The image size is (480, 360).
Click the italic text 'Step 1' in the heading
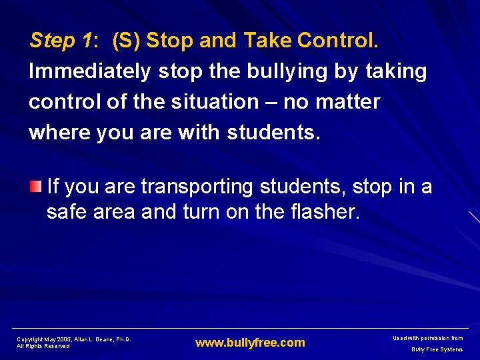click(61, 41)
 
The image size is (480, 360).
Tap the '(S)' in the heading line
click(126, 41)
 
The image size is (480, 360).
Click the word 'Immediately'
click(91, 72)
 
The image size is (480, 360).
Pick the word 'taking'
click(395, 72)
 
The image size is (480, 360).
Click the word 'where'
click(60, 132)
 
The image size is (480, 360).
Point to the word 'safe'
click(68, 213)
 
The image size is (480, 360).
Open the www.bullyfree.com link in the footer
click(250, 343)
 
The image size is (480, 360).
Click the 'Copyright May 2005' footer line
click(74, 339)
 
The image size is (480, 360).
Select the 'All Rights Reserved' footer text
click(43, 346)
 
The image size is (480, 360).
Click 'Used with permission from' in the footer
click(429, 339)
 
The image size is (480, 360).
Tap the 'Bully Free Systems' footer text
click(437, 349)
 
